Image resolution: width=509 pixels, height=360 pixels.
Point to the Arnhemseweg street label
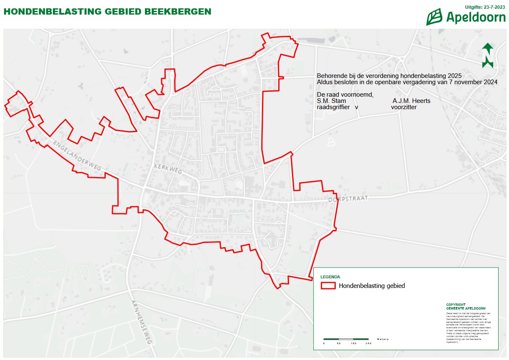click(140, 322)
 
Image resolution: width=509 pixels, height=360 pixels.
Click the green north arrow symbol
click(488, 55)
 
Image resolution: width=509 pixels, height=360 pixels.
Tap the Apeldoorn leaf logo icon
click(434, 17)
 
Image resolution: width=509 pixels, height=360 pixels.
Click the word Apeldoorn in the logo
click(476, 17)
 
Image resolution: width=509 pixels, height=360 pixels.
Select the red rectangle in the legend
click(328, 286)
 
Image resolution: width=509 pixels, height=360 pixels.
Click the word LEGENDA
click(330, 277)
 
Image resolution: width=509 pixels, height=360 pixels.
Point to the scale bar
click(346, 339)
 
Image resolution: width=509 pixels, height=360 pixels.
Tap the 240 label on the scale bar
click(368, 344)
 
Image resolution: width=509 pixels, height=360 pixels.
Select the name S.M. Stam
click(331, 101)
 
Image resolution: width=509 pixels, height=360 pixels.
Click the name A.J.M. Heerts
click(412, 101)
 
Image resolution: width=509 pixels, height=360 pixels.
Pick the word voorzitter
click(404, 107)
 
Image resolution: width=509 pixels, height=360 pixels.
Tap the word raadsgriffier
click(333, 107)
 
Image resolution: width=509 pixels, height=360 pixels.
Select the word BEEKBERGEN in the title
click(177, 11)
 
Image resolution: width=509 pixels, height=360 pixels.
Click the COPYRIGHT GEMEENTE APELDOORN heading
click(462, 306)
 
